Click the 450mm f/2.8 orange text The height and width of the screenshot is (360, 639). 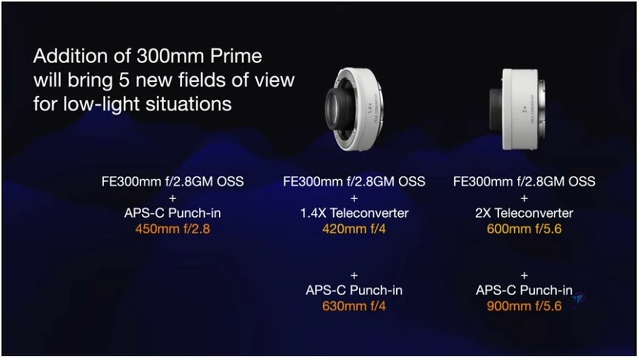coord(173,229)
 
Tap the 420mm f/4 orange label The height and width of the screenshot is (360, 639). coord(354,229)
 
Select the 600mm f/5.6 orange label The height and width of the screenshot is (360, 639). coord(524,229)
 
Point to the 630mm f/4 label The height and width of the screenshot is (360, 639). coord(354,306)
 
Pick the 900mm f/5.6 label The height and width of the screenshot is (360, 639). coord(524,306)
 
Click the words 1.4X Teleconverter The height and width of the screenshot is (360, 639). coord(354,213)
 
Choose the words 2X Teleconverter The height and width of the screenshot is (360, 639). coord(524,213)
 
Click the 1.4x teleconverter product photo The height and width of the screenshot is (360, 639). coord(354,109)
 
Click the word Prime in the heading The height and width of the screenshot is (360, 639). coord(236,56)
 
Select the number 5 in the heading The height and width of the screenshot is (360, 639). coord(124,80)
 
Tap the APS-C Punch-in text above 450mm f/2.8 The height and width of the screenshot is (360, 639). coord(173,213)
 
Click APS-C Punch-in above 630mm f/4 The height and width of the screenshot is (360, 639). coord(354,290)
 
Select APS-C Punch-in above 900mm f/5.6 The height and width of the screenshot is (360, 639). coord(524,290)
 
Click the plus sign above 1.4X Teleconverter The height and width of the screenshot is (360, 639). coord(354,198)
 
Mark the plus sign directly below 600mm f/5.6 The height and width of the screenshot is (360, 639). coord(524,276)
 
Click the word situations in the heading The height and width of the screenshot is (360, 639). coord(188,104)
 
